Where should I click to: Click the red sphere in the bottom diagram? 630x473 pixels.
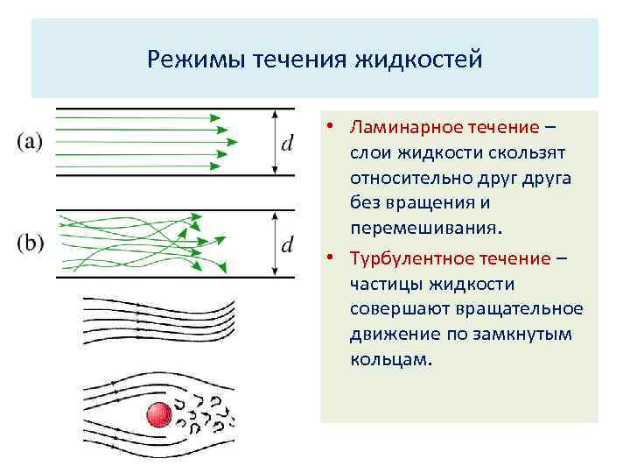click(x=158, y=414)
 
